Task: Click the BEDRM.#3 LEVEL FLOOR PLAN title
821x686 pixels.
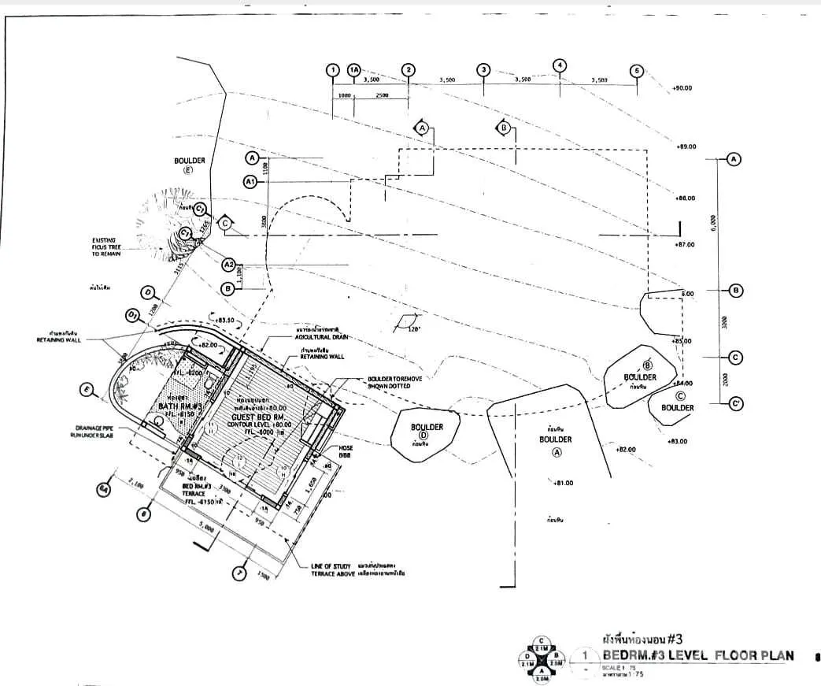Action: click(x=698, y=656)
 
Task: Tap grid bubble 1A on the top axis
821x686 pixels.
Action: click(x=353, y=70)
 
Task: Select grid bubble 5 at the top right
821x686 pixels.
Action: click(x=637, y=70)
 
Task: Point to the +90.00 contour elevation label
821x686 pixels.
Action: click(x=682, y=88)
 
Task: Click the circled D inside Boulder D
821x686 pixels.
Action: click(x=423, y=436)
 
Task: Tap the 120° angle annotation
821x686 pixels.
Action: click(x=415, y=329)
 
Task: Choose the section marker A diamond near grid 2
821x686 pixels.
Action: click(x=422, y=128)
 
